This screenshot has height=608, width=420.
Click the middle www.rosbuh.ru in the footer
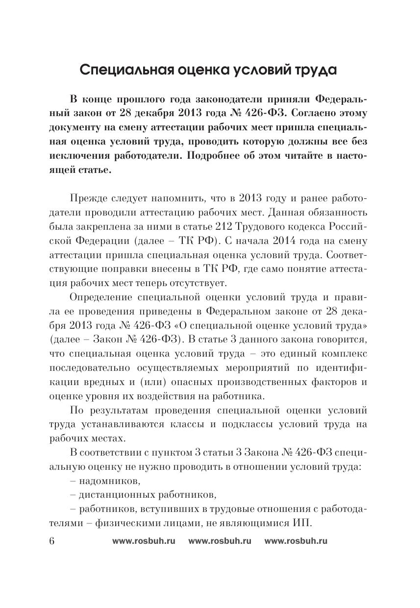point(220,541)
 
